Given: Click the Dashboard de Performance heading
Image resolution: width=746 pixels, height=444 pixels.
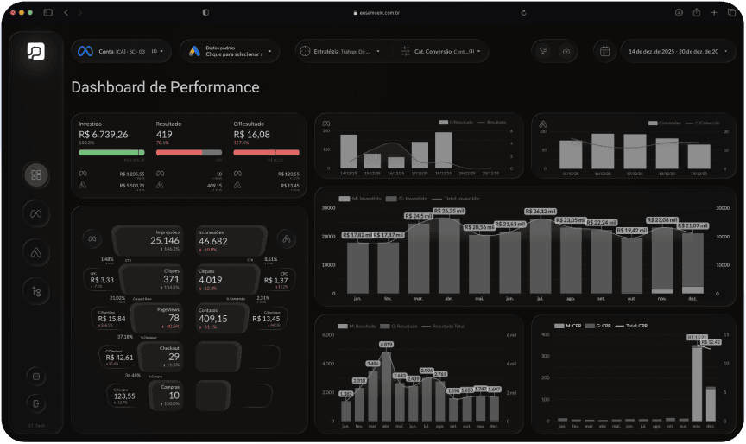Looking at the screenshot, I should pyautogui.click(x=165, y=87).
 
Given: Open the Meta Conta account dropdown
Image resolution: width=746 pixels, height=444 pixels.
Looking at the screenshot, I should pyautogui.click(x=121, y=51).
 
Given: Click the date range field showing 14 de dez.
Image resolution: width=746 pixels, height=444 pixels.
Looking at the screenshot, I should pyautogui.click(x=673, y=51).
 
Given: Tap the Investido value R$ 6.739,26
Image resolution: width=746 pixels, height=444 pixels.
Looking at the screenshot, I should pyautogui.click(x=103, y=135).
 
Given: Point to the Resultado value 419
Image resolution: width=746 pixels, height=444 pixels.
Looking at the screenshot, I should pyautogui.click(x=164, y=135).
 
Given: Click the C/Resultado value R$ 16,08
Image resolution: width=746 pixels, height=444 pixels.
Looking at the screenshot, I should pyautogui.click(x=251, y=135).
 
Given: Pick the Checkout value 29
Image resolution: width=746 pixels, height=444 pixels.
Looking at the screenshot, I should pyautogui.click(x=174, y=356).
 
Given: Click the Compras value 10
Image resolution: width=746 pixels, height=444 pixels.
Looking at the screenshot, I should pyautogui.click(x=174, y=395).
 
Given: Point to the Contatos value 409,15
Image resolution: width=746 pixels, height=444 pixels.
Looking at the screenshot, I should pyautogui.click(x=212, y=319).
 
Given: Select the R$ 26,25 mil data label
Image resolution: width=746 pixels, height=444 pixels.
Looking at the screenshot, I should pyautogui.click(x=449, y=211).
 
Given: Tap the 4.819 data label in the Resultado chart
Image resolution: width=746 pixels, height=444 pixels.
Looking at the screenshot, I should pyautogui.click(x=386, y=345).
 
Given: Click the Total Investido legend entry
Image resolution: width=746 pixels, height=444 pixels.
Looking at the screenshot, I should pyautogui.click(x=458, y=199).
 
